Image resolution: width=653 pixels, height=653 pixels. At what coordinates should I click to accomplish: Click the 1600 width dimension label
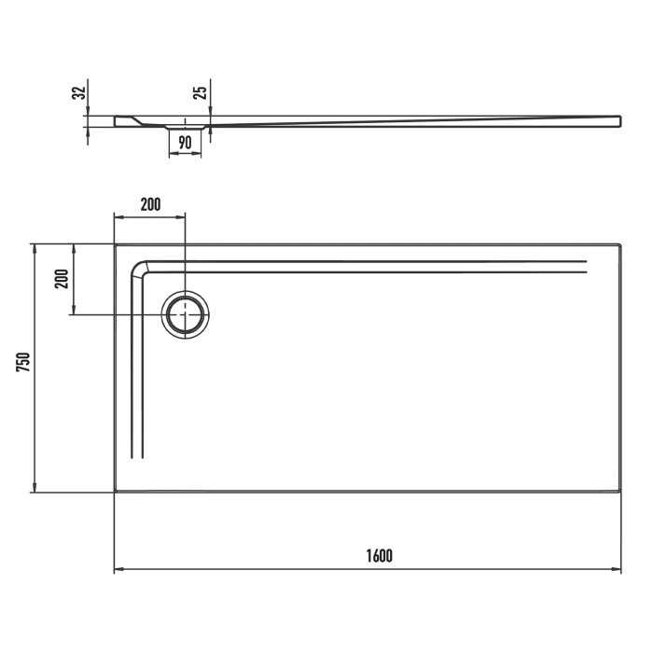[x=379, y=556]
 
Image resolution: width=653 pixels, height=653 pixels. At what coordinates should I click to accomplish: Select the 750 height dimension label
[x=24, y=363]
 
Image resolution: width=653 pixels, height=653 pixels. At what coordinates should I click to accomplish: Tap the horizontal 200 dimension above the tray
[x=150, y=204]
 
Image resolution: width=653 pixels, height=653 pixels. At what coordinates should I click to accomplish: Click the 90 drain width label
[x=185, y=143]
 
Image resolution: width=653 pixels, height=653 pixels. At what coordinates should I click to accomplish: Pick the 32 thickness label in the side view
[x=79, y=92]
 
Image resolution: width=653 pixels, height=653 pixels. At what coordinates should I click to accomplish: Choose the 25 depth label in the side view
[x=200, y=92]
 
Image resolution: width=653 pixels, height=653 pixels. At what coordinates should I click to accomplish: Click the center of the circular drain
[x=186, y=314]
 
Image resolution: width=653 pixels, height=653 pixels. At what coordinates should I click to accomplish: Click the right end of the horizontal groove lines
[x=585, y=267]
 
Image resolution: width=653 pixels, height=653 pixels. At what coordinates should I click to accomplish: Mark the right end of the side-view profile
[x=619, y=121]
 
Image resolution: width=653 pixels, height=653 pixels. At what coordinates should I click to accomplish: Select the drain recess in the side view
[x=185, y=125]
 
